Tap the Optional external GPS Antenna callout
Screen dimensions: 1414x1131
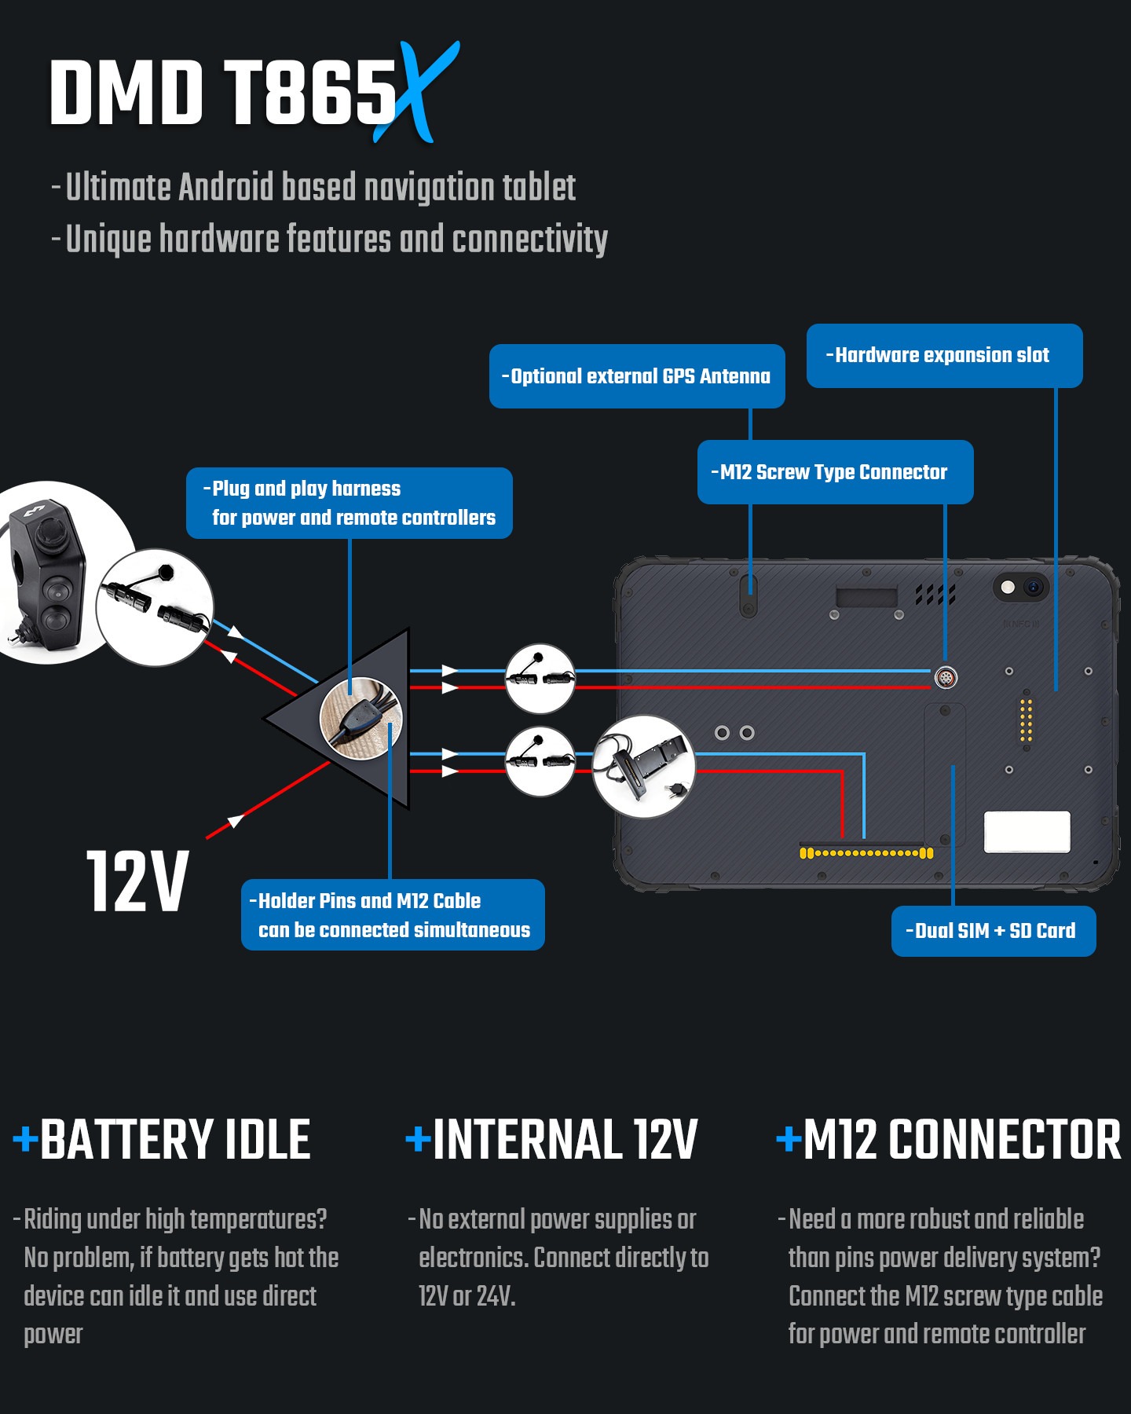[x=637, y=376]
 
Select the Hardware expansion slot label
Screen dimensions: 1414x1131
[x=944, y=356]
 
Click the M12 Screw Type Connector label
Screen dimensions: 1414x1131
[x=835, y=472]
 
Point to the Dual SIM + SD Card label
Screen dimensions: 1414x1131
[x=994, y=932]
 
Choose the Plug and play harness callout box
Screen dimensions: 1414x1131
[x=350, y=503]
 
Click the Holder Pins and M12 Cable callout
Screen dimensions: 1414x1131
[x=393, y=915]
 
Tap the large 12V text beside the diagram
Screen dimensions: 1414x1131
[x=137, y=882]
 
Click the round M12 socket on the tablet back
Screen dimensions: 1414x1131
[x=946, y=677]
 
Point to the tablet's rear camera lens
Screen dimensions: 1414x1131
[x=1033, y=587]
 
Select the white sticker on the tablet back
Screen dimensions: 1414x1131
[x=1027, y=832]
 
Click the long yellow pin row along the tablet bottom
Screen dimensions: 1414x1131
[x=866, y=853]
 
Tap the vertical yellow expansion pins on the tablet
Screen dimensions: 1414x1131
[x=1026, y=719]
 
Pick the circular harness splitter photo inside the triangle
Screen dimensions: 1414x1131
[x=361, y=718]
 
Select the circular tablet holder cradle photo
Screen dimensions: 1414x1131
[x=644, y=766]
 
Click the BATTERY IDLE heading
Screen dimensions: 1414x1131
[x=174, y=1140]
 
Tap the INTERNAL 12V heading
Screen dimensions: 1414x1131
[x=564, y=1140]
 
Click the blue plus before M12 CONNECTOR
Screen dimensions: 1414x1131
[x=789, y=1138]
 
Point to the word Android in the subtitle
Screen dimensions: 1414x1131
[x=227, y=188]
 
